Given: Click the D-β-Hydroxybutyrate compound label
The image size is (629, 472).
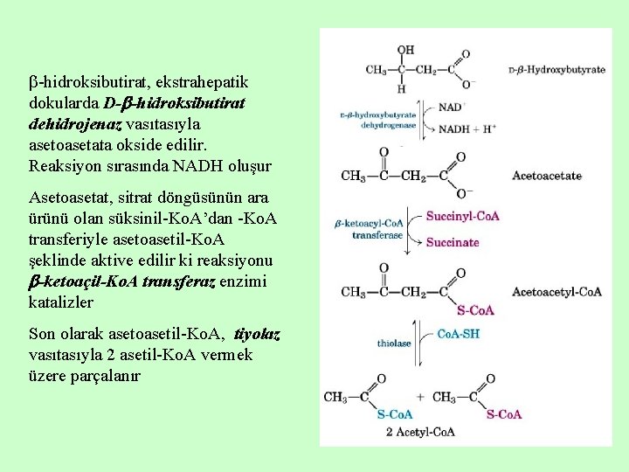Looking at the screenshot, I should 556,69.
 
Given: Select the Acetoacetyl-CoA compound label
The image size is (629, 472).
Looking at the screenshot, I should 556,291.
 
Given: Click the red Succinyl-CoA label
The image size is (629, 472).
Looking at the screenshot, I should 462,216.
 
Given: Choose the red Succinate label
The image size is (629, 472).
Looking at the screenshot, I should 453,242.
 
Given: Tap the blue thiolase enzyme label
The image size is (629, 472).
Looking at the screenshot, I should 394,344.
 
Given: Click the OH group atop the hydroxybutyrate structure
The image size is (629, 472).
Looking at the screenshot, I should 405,51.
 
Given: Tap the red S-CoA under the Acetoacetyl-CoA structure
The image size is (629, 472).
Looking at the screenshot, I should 475,309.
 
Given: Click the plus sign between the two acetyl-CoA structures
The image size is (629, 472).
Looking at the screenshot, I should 420,397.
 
